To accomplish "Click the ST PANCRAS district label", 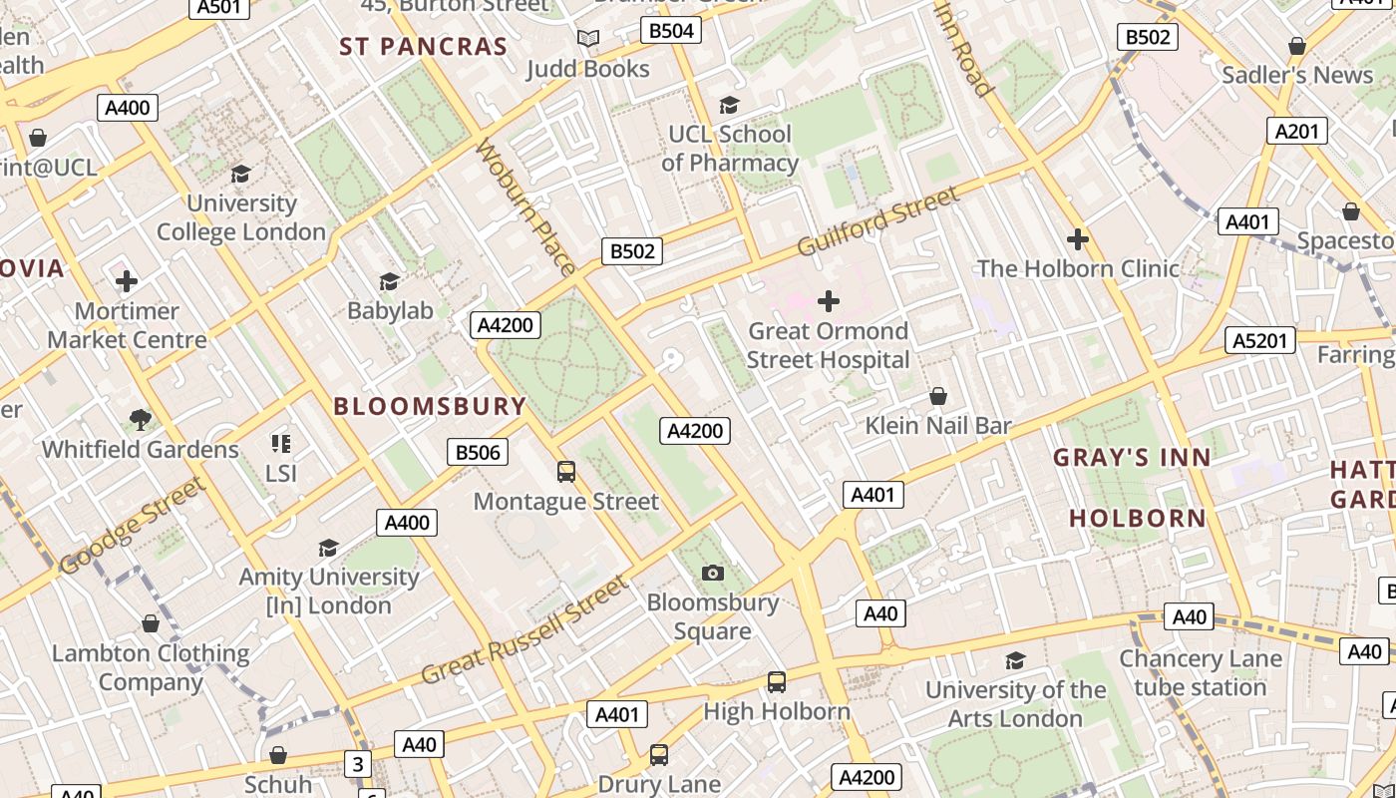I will click(424, 47).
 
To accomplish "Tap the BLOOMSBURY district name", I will click(430, 406).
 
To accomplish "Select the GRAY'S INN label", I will click(1133, 458).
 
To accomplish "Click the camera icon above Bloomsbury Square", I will click(712, 573).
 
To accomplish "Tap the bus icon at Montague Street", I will click(566, 472).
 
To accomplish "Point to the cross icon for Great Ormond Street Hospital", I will click(828, 300).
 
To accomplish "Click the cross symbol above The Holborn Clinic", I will click(1077, 239).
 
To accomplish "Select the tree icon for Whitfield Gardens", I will click(141, 420).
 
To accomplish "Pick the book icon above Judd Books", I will click(588, 39).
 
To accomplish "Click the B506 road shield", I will click(478, 453).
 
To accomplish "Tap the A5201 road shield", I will click(1260, 341).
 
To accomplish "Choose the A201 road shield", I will click(1297, 131).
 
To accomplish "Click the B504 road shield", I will click(671, 31).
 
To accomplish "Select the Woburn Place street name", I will click(525, 206).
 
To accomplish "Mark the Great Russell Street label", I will click(524, 630).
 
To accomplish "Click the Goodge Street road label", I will click(133, 526).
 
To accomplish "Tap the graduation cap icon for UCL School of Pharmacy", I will click(730, 105).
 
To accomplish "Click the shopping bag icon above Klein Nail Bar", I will click(937, 397).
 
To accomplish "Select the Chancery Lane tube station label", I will click(1200, 673).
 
